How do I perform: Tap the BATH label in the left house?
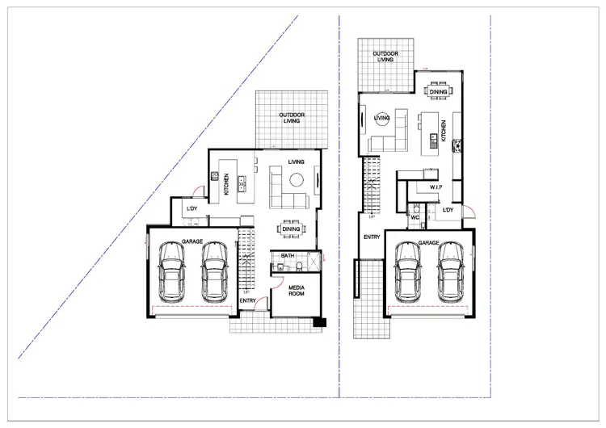(x=287, y=256)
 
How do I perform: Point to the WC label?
(x=413, y=217)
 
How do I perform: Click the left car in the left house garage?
(x=172, y=271)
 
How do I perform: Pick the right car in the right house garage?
(x=451, y=272)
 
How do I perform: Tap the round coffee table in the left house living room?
(x=296, y=178)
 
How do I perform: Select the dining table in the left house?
(x=291, y=229)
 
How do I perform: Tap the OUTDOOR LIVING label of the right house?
(x=385, y=57)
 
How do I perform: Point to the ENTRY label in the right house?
(x=372, y=237)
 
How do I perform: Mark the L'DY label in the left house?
(x=191, y=210)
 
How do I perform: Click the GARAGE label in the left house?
(x=191, y=241)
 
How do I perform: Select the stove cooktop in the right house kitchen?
(x=457, y=145)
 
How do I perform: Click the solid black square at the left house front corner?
(x=321, y=323)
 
